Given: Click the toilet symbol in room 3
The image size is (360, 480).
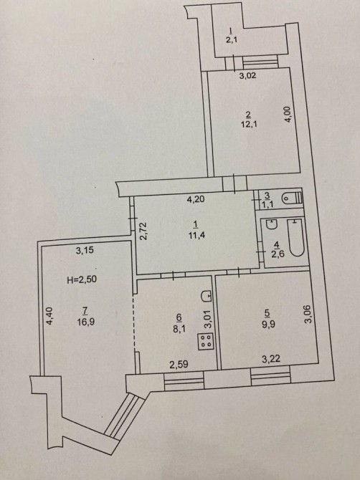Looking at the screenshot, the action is click(291, 198).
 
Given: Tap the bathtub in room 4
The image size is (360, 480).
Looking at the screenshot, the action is click(296, 238).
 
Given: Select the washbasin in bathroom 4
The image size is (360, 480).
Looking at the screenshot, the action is click(271, 224).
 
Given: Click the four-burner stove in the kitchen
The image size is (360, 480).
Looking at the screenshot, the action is click(205, 341).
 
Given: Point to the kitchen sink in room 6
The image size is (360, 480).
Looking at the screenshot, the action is click(207, 294).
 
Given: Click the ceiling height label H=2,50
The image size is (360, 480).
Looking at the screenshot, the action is click(82, 279).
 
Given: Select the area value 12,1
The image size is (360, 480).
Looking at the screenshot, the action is click(248, 125).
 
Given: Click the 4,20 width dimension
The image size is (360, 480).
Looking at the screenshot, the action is click(196, 200).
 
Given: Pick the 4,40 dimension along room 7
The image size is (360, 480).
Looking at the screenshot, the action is click(50, 316).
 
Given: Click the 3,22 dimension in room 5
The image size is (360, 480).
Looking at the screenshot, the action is click(271, 358).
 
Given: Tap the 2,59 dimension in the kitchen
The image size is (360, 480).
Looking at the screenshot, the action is click(179, 364).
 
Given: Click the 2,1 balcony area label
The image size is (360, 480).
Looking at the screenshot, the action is click(232, 40).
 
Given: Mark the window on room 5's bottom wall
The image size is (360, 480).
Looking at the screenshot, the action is click(270, 377).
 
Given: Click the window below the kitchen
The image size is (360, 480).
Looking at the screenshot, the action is click(184, 381).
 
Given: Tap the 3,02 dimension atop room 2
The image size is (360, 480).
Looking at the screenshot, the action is click(247, 75).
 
